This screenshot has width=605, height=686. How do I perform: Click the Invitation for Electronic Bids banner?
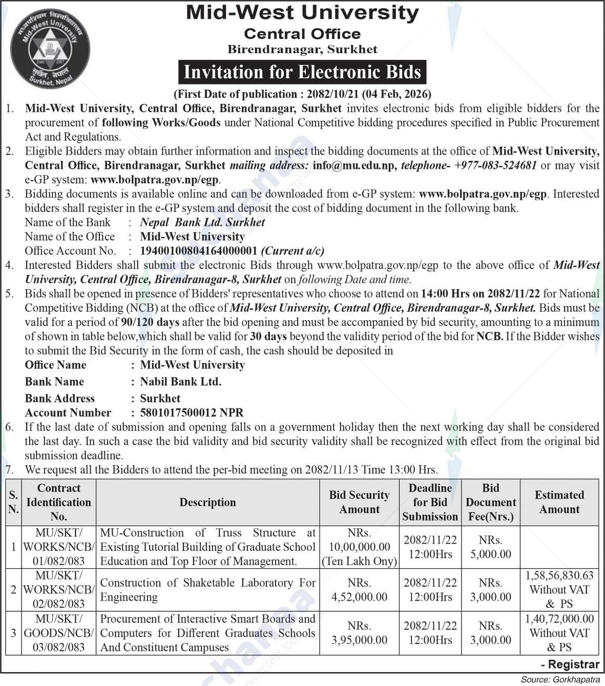click(x=302, y=72)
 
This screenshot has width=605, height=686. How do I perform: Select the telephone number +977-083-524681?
click(x=495, y=165)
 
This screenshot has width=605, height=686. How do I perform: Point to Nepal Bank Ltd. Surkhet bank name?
click(x=202, y=222)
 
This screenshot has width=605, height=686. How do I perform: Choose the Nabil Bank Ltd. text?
click(x=181, y=381)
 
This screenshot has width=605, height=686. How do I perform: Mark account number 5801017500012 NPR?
click(x=192, y=413)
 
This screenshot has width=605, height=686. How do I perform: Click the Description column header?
click(x=207, y=502)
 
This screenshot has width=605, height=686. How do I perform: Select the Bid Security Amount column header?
click(x=359, y=502)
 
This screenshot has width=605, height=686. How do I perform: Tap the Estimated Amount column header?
click(x=559, y=502)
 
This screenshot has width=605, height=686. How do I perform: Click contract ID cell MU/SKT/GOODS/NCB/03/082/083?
click(x=58, y=633)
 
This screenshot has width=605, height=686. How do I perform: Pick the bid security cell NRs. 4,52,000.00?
click(x=359, y=590)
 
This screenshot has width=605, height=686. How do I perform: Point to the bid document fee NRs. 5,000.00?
click(x=491, y=547)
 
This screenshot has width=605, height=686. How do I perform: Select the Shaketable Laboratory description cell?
click(x=207, y=590)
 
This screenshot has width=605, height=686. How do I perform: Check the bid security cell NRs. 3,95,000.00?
click(x=359, y=633)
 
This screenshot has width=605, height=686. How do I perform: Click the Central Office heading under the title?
click(x=302, y=34)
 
